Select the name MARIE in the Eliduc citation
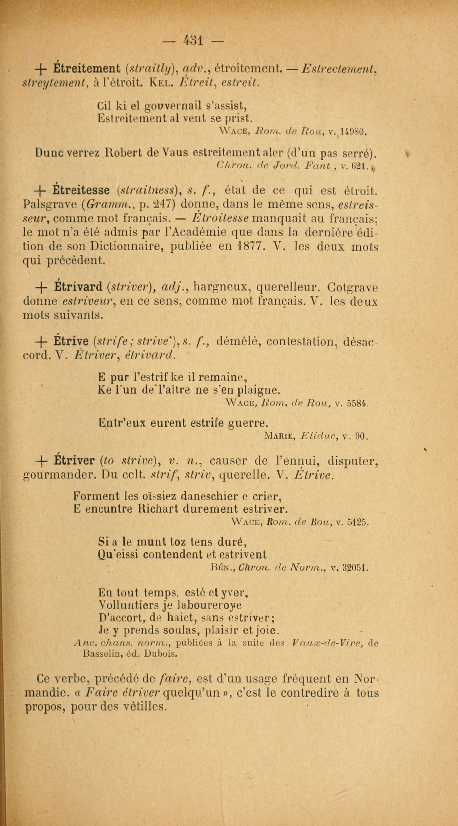tap(278, 436)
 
